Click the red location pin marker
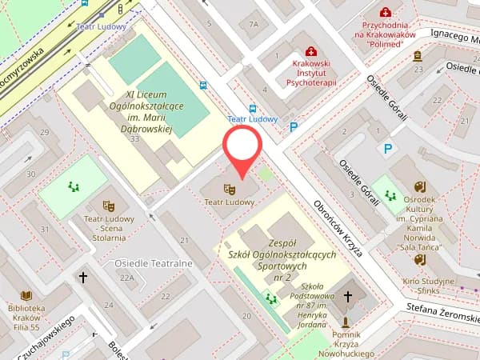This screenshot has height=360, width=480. (x=241, y=149)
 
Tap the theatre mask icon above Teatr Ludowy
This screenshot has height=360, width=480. (x=229, y=190)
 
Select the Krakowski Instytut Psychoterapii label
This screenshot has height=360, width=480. (x=310, y=73)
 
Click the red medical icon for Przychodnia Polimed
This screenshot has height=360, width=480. (x=386, y=12)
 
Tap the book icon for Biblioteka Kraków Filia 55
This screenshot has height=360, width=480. (x=27, y=295)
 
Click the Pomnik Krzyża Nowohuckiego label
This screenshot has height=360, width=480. (x=346, y=342)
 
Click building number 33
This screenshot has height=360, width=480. (x=134, y=139)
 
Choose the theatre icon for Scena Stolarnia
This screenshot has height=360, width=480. (x=109, y=206)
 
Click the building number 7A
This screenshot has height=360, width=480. (x=254, y=24)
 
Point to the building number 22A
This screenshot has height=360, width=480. (x=127, y=278)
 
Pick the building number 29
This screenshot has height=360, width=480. (x=45, y=132)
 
